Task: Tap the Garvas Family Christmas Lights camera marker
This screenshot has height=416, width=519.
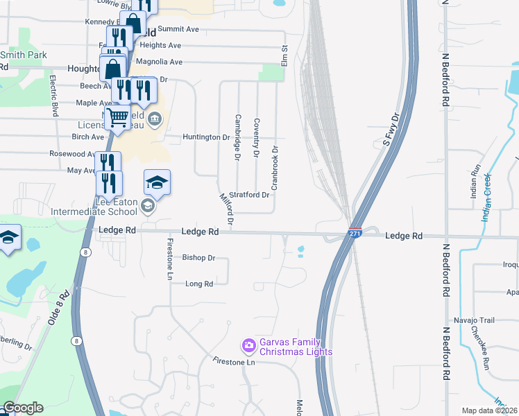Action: (x=248, y=345)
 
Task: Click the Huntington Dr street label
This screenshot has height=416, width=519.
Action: (x=206, y=137)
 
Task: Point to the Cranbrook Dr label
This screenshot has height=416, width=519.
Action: (x=275, y=168)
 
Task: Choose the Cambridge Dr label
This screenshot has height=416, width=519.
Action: (x=237, y=137)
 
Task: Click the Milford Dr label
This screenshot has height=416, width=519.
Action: (x=226, y=210)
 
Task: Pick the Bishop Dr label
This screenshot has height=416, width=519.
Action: (x=199, y=257)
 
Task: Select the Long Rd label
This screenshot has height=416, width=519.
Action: (x=199, y=283)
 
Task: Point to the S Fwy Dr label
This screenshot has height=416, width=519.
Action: (x=393, y=130)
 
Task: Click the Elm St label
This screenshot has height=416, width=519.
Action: (x=284, y=57)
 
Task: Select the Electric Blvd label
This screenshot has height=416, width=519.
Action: (x=53, y=96)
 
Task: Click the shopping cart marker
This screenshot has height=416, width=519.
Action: (x=118, y=118)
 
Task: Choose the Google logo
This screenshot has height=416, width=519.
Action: (x=23, y=408)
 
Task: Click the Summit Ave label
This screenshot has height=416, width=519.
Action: (x=178, y=29)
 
